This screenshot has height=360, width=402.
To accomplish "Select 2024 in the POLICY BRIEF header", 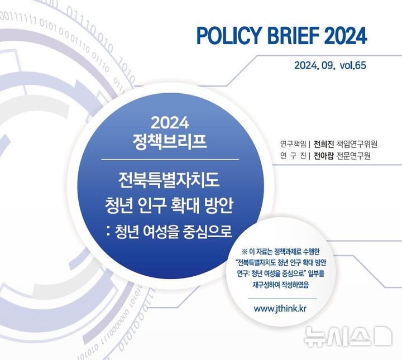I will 345,36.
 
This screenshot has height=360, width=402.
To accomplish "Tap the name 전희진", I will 323,143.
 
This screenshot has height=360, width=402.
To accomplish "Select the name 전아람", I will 323,156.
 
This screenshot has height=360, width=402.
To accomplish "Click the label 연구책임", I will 293,143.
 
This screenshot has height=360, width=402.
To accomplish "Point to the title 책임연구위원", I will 357,143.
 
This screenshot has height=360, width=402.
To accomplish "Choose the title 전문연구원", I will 354,156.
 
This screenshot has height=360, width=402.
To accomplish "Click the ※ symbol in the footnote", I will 244,251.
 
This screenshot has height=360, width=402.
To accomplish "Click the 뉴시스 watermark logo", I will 347,336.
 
